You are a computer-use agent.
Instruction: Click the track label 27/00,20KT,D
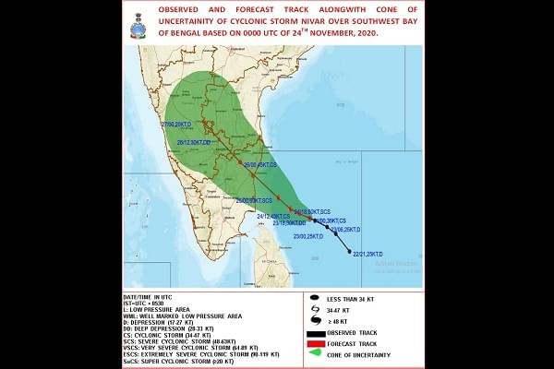[x=179, y=124]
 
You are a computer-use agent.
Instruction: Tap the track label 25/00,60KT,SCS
[x=254, y=200]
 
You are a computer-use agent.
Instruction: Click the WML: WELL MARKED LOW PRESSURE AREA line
[x=183, y=314]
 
